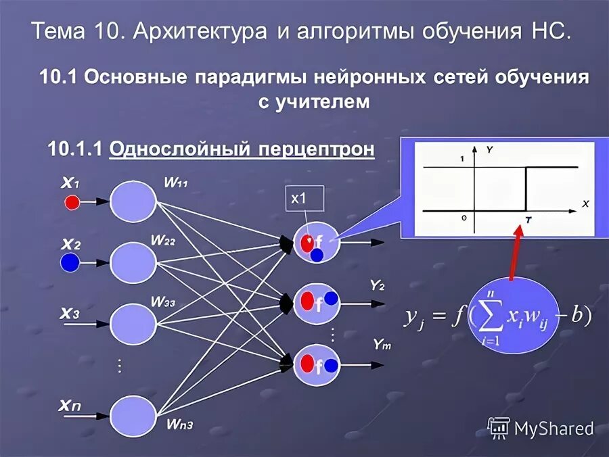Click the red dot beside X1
(x=72, y=201)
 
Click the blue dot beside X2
(x=69, y=263)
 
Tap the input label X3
(x=70, y=313)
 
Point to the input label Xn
(x=70, y=406)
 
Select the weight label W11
(x=176, y=183)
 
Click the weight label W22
(x=162, y=239)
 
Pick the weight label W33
(x=162, y=302)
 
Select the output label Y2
(x=377, y=285)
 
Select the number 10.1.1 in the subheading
(x=75, y=149)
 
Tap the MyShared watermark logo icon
(x=499, y=427)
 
